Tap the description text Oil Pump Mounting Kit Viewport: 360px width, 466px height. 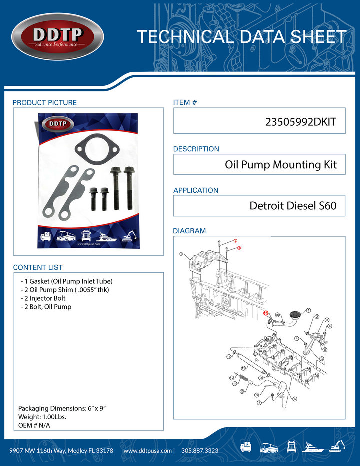(281, 164)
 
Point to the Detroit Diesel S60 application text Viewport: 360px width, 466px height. (293, 206)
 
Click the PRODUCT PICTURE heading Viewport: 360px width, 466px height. (45, 103)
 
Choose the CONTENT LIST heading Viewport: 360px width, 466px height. (38, 267)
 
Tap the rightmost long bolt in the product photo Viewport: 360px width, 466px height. (129, 187)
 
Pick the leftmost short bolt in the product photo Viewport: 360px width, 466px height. (94, 198)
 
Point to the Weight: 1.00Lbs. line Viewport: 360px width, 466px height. (42, 416)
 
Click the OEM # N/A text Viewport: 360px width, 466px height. (34, 425)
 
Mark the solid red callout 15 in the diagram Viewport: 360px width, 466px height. (266, 313)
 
